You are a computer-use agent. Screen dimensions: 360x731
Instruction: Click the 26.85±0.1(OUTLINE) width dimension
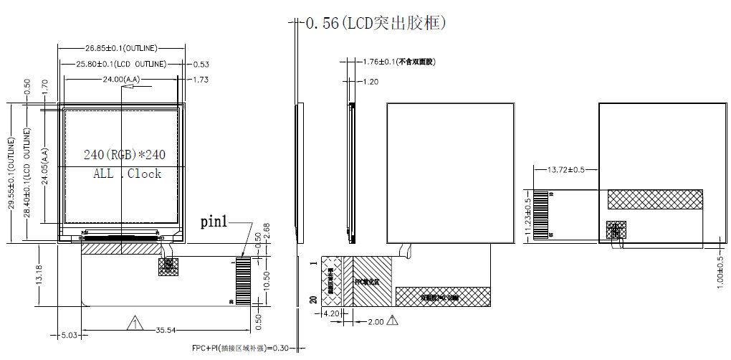[121, 48]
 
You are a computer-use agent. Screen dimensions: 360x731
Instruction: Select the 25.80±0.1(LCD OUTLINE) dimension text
[121, 64]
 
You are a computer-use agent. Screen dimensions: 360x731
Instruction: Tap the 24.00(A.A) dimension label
[121, 79]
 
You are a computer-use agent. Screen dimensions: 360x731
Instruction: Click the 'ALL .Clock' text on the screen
[127, 174]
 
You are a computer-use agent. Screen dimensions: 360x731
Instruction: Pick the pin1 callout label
[214, 222]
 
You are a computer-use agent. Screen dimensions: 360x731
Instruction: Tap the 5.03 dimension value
[69, 335]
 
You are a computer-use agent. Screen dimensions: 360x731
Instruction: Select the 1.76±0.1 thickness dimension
[398, 62]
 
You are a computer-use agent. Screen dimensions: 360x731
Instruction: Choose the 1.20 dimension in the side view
[370, 82]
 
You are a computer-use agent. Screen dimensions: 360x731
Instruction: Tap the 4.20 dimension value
[332, 313]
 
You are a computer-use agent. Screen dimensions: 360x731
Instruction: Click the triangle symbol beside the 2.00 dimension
[392, 321]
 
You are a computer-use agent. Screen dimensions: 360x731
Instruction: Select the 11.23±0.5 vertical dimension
[528, 213]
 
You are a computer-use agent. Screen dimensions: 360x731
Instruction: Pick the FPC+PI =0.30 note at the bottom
[239, 349]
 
